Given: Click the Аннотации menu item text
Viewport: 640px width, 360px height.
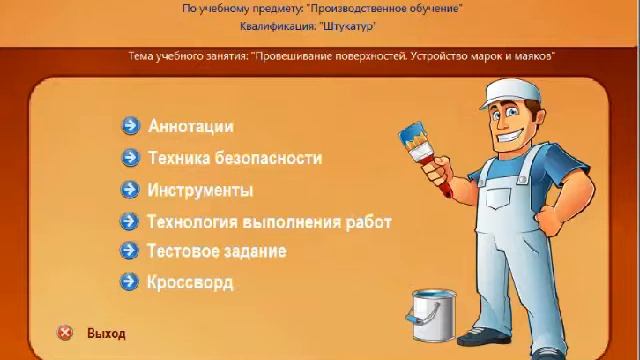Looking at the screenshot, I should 191,126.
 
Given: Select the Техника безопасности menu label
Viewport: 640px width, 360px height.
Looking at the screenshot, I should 235,158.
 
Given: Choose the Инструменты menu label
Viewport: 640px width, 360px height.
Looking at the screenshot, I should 200,190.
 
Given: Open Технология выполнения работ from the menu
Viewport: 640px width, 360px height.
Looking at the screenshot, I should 269,222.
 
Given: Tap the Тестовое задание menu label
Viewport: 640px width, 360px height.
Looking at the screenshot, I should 216,251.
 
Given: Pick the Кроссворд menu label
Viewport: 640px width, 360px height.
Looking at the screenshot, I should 190,282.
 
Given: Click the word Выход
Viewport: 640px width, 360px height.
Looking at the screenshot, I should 107,333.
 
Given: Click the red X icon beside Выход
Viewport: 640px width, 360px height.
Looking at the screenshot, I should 65,333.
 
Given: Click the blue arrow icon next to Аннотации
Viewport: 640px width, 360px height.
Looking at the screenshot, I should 130,126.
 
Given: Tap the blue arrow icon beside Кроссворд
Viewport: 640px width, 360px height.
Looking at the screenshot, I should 128,282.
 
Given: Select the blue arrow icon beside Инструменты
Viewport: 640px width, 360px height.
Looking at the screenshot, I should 128,190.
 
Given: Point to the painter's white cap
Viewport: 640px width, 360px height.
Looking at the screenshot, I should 521,85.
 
